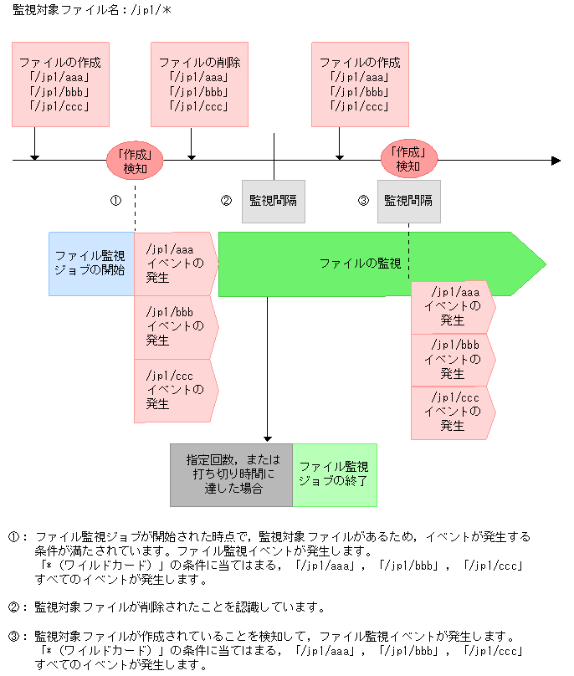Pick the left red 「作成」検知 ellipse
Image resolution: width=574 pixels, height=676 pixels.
[134, 160]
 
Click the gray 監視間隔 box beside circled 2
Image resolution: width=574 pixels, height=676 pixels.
[273, 201]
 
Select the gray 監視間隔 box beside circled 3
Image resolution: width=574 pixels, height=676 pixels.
[408, 201]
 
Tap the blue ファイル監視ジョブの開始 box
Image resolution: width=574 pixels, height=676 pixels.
[90, 264]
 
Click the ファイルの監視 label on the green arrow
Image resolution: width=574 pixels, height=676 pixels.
[360, 264]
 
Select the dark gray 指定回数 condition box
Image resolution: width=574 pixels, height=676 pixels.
[231, 474]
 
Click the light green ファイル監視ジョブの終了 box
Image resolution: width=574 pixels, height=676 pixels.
[334, 474]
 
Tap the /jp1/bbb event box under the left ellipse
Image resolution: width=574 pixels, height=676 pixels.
[175, 326]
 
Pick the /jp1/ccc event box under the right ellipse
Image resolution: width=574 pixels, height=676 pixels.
[452, 412]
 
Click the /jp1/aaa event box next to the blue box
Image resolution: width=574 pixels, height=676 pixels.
[175, 264]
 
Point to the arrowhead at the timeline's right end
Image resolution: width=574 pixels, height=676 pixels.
[556, 160]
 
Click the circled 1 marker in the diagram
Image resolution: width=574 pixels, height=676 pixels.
[116, 201]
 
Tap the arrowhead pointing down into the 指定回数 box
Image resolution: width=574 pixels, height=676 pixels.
[268, 438]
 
